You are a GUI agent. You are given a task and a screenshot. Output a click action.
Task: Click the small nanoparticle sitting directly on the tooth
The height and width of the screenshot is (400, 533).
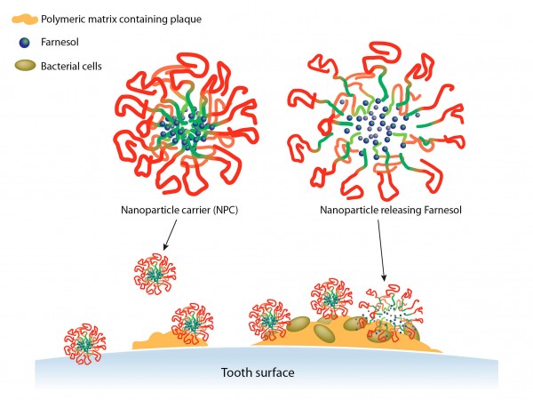[85, 342]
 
